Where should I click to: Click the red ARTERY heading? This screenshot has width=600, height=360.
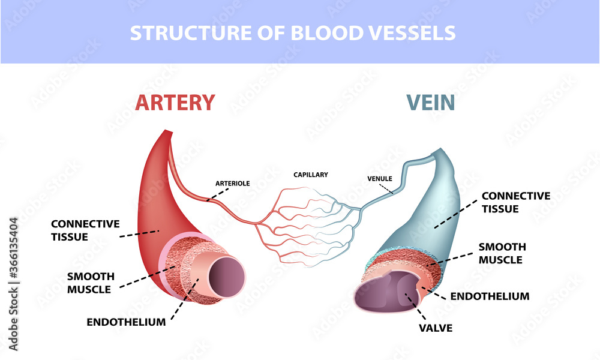(175, 102)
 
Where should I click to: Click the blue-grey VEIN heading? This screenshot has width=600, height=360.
(430, 102)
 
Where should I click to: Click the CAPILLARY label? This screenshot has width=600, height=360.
(311, 175)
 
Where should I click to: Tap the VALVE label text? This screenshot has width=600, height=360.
(436, 328)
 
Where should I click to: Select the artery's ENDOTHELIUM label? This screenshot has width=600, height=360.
(126, 322)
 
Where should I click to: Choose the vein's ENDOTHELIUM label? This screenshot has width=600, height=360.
(490, 296)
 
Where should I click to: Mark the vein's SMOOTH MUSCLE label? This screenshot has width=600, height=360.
(502, 253)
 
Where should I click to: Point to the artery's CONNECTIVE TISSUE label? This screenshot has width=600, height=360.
(85, 230)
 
